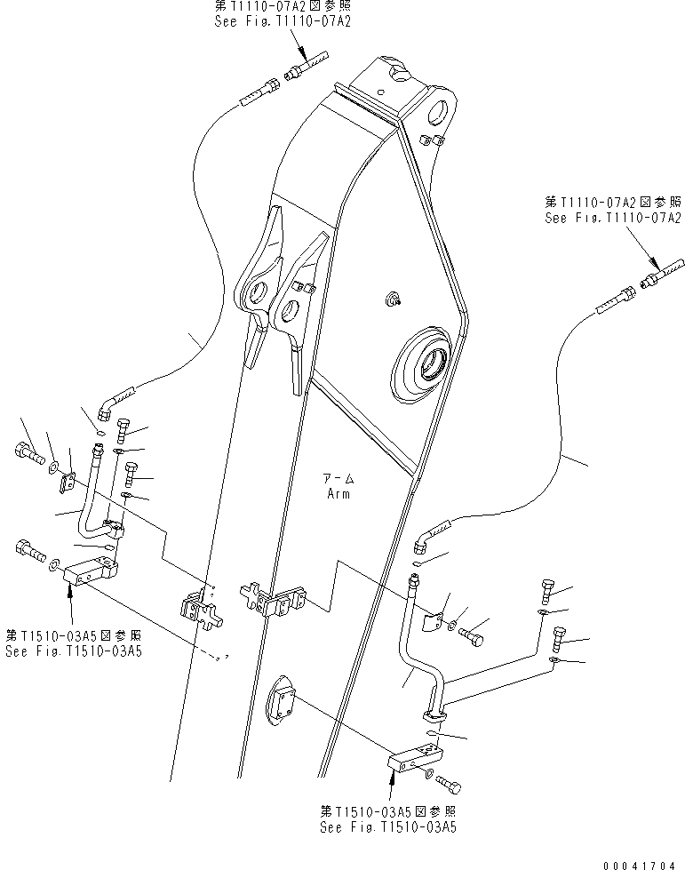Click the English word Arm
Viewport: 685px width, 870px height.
[x=338, y=494]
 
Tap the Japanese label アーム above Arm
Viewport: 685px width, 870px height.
[x=338, y=479]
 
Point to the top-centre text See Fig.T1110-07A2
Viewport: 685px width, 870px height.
[x=283, y=20]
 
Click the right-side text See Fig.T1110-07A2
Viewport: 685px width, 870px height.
[x=613, y=218]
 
